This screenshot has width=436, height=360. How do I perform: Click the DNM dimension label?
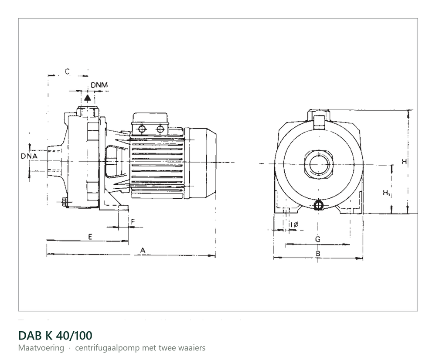(x=99, y=85)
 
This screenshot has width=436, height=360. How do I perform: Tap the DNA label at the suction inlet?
(x=29, y=156)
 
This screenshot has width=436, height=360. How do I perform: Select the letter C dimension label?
(x=67, y=72)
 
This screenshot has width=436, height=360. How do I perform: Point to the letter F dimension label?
(x=133, y=221)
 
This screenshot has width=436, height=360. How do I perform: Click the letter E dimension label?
(x=90, y=237)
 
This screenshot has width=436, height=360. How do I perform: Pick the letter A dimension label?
(x=143, y=251)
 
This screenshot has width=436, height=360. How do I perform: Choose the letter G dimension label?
(x=317, y=239)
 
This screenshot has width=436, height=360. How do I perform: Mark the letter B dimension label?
(x=318, y=254)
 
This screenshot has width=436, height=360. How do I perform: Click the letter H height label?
(x=405, y=162)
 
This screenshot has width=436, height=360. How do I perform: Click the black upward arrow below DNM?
(x=88, y=98)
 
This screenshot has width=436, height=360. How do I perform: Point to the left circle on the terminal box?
(x=142, y=129)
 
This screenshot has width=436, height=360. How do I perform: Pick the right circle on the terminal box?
(x=160, y=129)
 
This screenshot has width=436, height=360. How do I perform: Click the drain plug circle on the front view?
(x=318, y=205)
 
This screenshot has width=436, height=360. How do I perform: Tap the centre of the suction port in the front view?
(x=318, y=164)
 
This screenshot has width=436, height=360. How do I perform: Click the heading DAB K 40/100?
(x=55, y=335)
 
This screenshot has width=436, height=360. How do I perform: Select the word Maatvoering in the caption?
(x=41, y=348)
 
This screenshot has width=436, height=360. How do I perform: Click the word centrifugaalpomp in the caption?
(x=108, y=348)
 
